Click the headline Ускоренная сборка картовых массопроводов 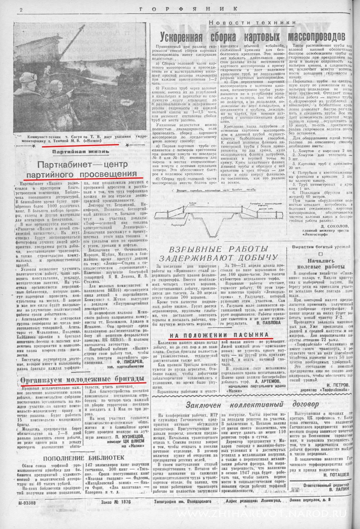(x=252, y=36)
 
